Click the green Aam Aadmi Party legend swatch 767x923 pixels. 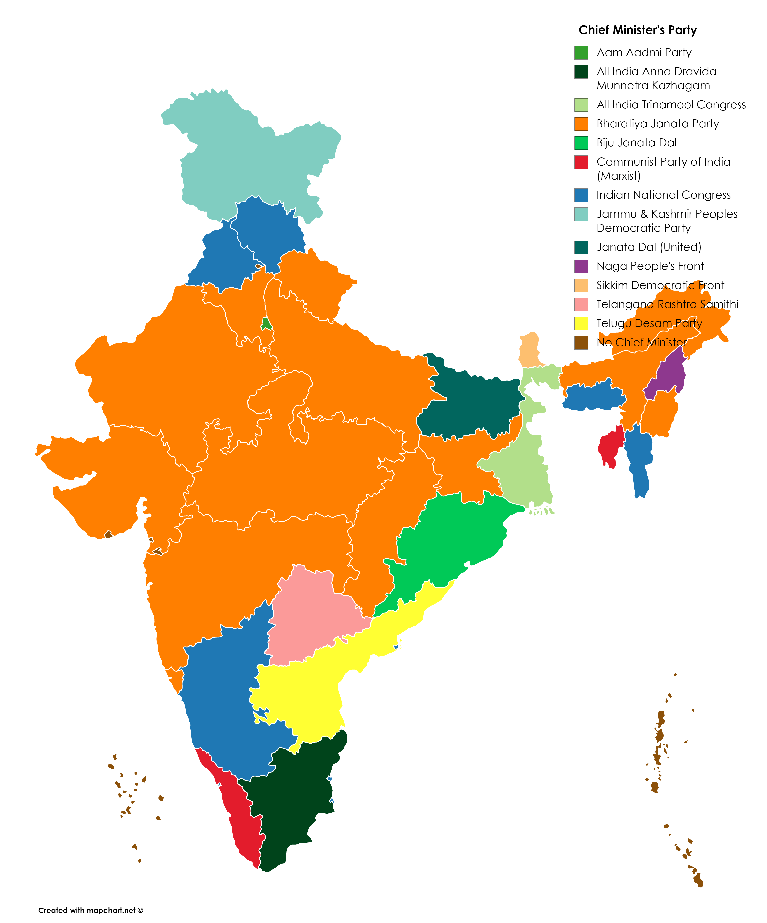tap(581, 53)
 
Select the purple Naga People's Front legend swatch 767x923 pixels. tap(581, 266)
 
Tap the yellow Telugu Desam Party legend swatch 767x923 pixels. tap(581, 323)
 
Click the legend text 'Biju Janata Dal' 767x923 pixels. tap(636, 143)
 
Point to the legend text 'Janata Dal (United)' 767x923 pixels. tap(649, 247)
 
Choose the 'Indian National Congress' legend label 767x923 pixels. tap(663, 195)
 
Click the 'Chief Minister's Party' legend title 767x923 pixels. tap(638, 30)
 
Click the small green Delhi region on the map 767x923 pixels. tap(266, 324)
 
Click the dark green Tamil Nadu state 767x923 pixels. tap(295, 804)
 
